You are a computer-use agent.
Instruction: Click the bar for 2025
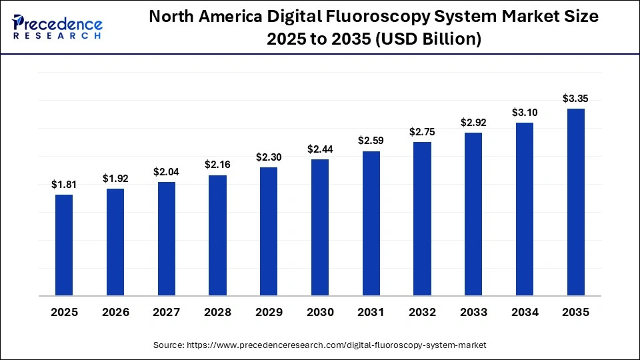click(x=64, y=245)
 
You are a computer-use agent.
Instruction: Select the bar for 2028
click(x=217, y=235)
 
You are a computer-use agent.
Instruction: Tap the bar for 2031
click(x=371, y=223)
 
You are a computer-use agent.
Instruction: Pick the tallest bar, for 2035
click(x=575, y=202)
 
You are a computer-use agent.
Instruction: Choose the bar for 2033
click(x=473, y=214)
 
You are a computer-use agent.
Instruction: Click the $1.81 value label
click(x=64, y=185)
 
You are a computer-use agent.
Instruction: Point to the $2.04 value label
click(x=166, y=172)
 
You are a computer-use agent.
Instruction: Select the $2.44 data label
click(x=320, y=149)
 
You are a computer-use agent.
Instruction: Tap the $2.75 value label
click(x=422, y=132)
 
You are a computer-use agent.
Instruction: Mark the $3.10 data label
click(x=525, y=113)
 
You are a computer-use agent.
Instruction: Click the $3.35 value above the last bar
click(x=575, y=99)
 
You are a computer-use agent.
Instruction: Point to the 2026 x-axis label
click(x=115, y=312)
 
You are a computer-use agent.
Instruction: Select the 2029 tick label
click(x=269, y=312)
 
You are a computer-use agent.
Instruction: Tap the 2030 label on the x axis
click(x=320, y=312)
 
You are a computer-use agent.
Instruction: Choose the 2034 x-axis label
click(x=525, y=312)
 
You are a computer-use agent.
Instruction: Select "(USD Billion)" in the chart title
click(x=429, y=39)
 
